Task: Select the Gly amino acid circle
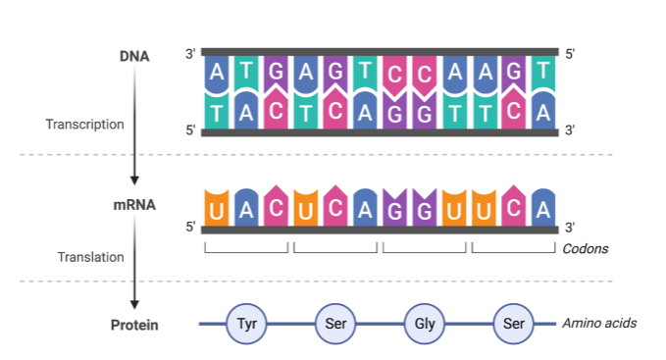(423, 324)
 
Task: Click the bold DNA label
(134, 56)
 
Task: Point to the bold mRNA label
(134, 206)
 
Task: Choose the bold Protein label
(134, 325)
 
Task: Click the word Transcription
(85, 125)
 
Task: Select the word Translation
(91, 257)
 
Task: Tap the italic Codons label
(585, 249)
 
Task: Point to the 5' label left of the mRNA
(190, 228)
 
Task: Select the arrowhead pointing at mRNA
(134, 179)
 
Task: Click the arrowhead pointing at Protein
(134, 304)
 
